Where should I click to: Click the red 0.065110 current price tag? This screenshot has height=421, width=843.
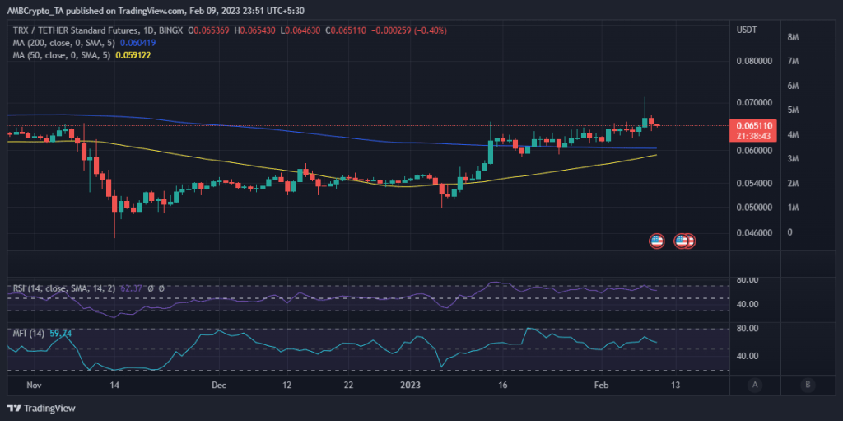point(752,125)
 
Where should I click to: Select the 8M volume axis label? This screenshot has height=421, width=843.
point(794,37)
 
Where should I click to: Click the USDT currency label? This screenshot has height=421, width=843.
point(747,30)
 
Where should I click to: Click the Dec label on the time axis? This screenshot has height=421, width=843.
point(219,385)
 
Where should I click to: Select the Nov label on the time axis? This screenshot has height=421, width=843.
point(34,385)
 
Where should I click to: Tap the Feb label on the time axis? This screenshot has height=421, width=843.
point(601,385)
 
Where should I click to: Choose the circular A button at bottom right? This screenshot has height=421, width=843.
point(755,384)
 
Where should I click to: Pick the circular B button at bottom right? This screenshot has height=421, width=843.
point(808,384)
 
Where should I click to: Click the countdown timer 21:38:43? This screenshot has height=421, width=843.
point(752,136)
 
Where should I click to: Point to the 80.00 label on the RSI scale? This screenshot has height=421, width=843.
point(747,280)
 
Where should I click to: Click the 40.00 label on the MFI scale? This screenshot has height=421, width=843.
point(747,356)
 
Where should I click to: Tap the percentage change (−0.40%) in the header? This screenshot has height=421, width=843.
point(433,30)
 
